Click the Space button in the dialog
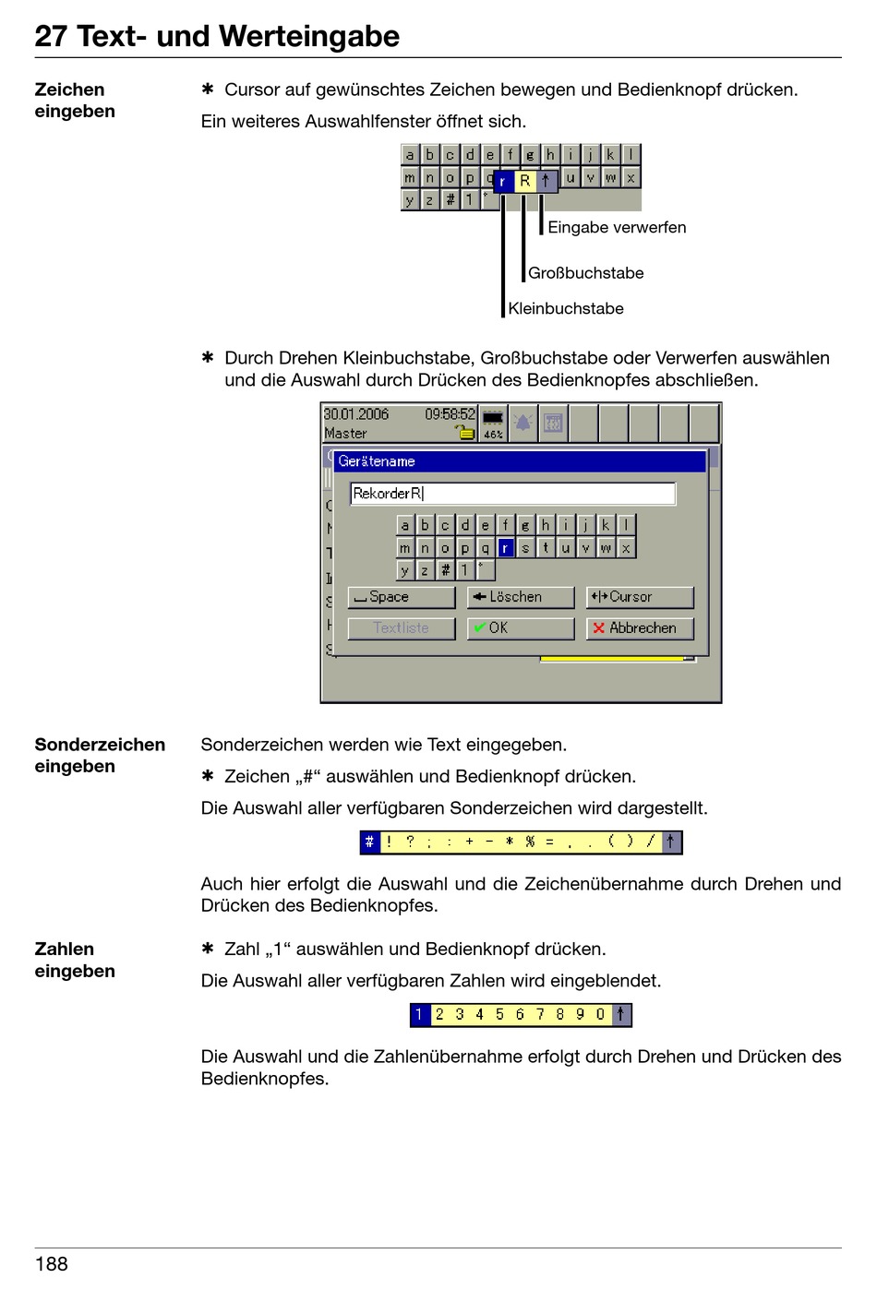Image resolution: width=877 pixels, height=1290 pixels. [401, 597]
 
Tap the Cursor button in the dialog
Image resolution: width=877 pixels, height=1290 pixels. [639, 597]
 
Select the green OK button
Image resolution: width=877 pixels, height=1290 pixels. [520, 627]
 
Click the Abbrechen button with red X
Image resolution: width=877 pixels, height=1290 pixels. [639, 627]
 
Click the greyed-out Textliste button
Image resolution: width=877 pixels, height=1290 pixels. [401, 627]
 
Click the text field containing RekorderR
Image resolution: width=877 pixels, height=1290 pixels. [512, 494]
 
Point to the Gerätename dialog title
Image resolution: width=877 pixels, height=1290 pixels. [377, 461]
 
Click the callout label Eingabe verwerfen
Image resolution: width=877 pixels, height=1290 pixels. [617, 227]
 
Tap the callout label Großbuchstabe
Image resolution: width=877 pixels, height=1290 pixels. [585, 273]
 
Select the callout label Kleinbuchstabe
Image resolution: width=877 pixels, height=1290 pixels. [565, 308]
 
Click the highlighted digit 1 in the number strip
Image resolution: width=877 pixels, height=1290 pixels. [419, 1015]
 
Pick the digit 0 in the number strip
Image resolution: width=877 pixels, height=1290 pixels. [600, 1015]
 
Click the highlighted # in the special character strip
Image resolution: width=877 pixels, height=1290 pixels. [369, 842]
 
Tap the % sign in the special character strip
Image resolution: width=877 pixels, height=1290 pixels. [530, 842]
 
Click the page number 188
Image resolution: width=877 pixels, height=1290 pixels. [52, 1264]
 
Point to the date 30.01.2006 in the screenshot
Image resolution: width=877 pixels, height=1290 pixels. [356, 414]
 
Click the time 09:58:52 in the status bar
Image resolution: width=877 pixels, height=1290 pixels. [450, 414]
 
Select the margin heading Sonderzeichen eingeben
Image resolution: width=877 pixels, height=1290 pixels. [100, 755]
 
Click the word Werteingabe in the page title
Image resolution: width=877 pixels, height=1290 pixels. [313, 36]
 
